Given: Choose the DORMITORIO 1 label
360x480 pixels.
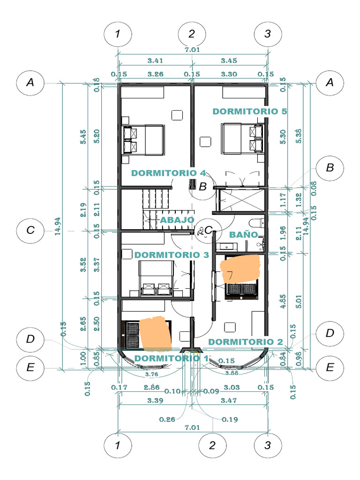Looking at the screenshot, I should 171,358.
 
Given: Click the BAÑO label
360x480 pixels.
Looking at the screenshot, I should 243,234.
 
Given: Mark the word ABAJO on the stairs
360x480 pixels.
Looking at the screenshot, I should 177,219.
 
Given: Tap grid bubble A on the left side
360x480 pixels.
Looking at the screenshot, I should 30,82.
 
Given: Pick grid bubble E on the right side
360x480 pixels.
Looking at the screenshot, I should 330,367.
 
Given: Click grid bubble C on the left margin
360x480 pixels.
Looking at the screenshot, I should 30,230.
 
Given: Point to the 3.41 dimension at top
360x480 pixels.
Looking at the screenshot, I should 155,60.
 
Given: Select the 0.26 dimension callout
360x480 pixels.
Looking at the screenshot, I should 167,419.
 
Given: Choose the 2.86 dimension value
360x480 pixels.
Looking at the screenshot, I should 152,387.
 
